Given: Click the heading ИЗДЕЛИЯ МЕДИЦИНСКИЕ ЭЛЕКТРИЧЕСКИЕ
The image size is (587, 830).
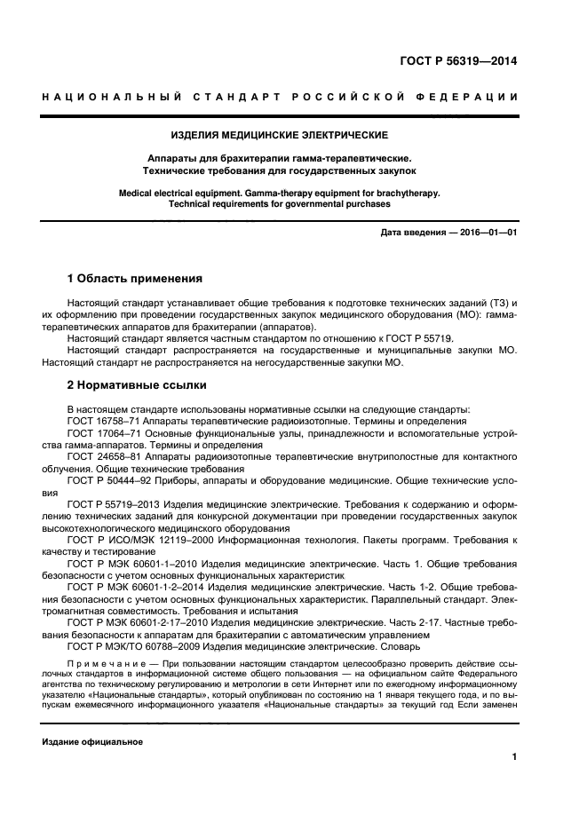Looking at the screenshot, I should pyautogui.click(x=292, y=135).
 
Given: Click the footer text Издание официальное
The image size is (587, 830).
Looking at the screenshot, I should pyautogui.click(x=92, y=740).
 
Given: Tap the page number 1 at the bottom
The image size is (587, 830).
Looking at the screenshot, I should pyautogui.click(x=514, y=757).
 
